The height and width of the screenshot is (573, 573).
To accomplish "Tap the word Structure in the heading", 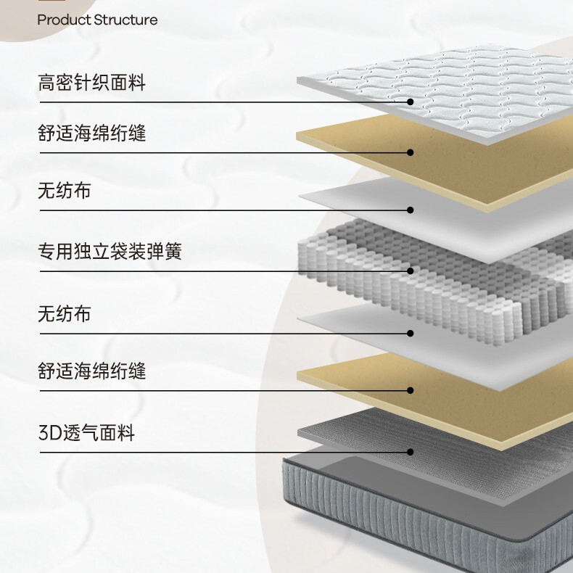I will point(125,20).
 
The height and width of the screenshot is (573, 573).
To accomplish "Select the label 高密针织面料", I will point(91,83).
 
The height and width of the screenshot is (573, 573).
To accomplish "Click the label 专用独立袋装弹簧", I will point(110,252).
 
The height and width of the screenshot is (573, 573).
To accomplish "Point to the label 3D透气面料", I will point(86,434).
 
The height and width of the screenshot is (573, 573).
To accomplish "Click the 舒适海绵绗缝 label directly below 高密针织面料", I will point(91,134).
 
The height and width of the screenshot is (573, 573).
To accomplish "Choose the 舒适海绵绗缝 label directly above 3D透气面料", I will point(91,372).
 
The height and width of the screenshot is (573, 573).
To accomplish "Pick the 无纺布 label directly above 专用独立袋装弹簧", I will point(65,191).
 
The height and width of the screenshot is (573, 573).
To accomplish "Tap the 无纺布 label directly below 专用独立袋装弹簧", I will point(65,314).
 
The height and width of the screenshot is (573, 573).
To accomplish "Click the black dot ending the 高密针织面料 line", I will point(411,102).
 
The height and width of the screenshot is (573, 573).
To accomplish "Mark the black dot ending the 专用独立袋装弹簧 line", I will point(411,271).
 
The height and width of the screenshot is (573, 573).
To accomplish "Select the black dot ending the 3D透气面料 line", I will point(411,452).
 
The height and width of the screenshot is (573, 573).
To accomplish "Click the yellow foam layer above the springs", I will point(450,156).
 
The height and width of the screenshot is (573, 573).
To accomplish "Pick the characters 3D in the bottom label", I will point(48,434).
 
